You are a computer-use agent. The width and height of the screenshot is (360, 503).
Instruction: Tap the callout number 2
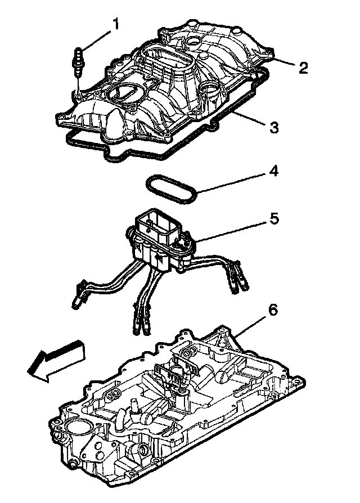pyautogui.click(x=303, y=68)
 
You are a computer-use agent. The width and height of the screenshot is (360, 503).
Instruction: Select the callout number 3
pyautogui.click(x=274, y=128)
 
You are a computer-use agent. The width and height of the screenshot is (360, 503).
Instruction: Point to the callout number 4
pyautogui.click(x=274, y=170)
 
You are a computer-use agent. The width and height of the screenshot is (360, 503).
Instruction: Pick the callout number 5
pyautogui.click(x=274, y=219)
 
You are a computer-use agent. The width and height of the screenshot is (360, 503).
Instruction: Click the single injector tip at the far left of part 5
pyautogui.click(x=76, y=304)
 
